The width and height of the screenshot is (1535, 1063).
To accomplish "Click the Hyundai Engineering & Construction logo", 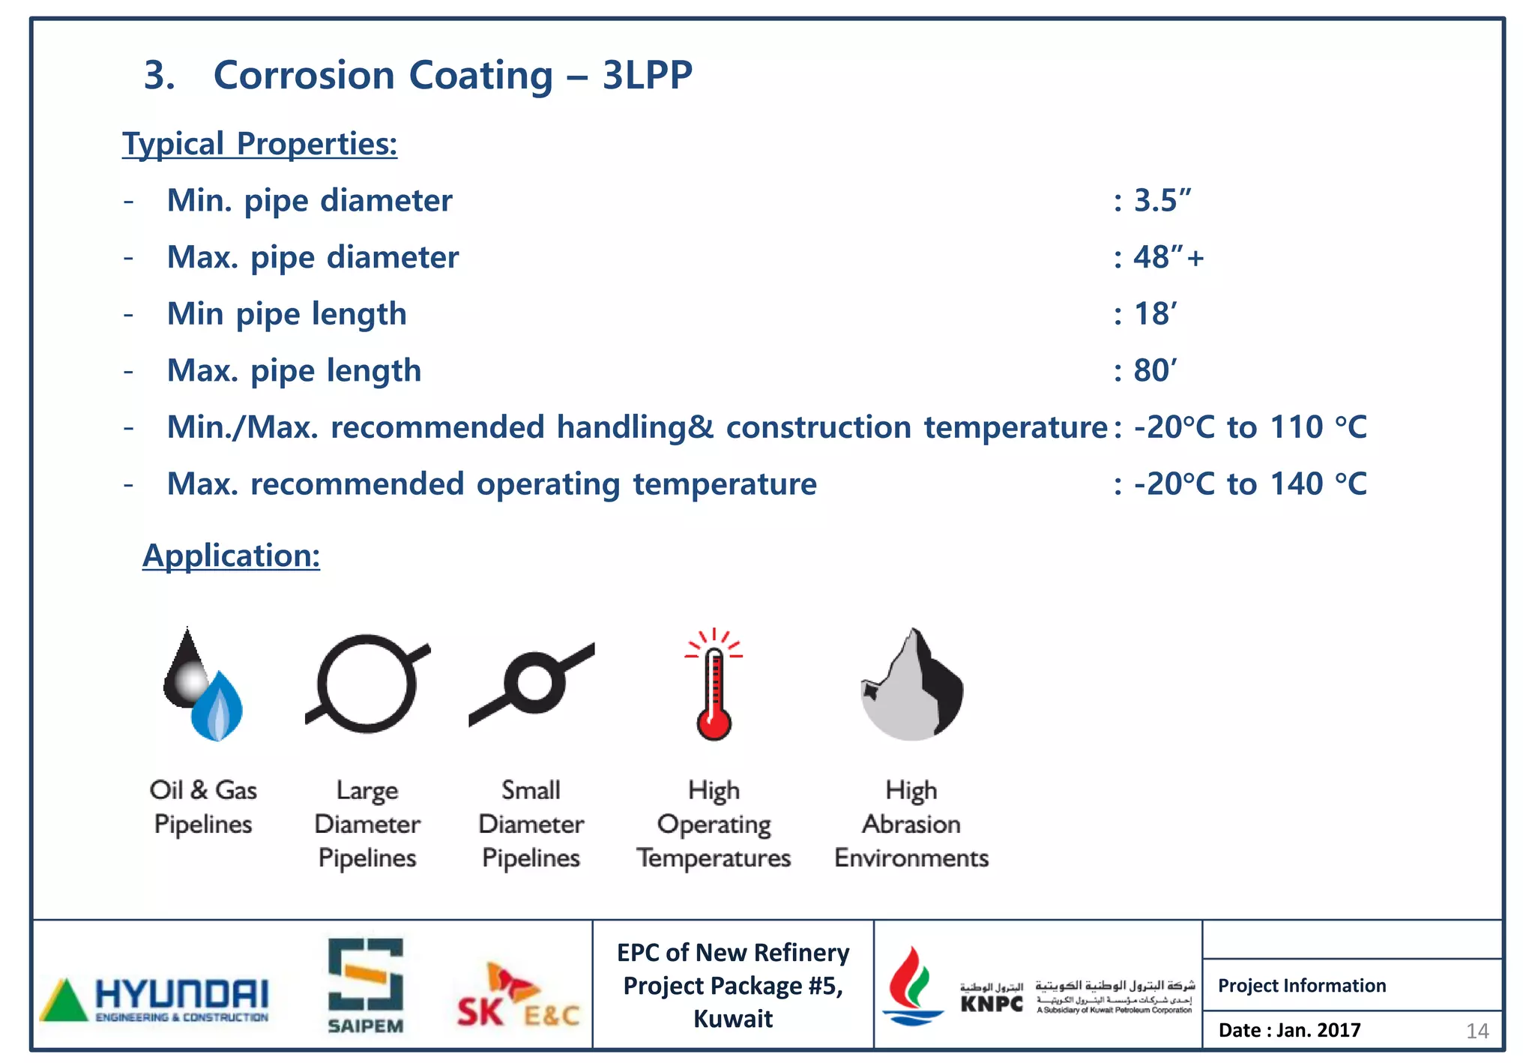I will (154, 999).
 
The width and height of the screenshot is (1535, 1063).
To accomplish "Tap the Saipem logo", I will (366, 985).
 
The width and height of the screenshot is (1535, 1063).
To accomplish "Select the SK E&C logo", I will (518, 998).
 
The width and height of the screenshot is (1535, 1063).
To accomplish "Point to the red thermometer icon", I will (714, 686).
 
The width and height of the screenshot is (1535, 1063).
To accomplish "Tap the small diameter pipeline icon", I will (533, 683).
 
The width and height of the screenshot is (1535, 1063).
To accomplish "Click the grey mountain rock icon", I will (912, 686).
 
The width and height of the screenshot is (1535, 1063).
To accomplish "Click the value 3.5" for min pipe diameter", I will (1162, 201).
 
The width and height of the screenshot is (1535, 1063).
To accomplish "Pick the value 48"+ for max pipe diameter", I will (1168, 258).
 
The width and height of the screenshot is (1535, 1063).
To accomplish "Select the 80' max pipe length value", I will (1155, 371).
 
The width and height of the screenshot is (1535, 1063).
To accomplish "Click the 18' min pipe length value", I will (1155, 314).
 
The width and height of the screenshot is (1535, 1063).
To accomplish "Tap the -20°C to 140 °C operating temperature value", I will (1249, 484).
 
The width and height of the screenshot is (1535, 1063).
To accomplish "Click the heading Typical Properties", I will (259, 144).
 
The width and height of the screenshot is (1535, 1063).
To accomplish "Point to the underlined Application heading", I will (231, 556).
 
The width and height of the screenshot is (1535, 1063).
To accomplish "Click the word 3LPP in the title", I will (647, 76).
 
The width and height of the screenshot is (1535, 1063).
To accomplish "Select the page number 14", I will (1477, 1032).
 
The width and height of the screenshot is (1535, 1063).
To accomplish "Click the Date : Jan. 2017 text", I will (1289, 1031).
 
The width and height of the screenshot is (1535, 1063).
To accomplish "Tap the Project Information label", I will (1302, 986).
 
